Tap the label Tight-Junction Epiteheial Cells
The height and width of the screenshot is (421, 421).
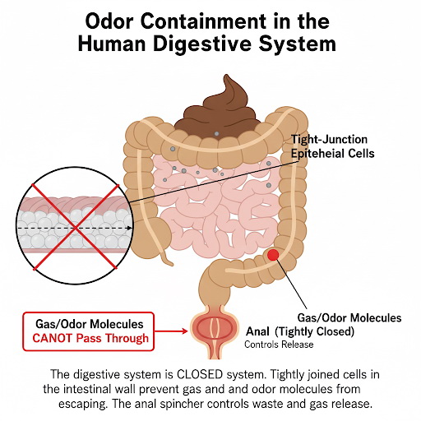(x=332, y=146)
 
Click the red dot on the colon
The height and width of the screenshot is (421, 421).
(x=273, y=255)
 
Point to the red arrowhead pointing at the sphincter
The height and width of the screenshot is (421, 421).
(x=184, y=331)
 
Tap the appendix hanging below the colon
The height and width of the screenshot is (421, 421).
(x=166, y=257)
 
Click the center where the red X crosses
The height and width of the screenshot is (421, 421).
(x=76, y=227)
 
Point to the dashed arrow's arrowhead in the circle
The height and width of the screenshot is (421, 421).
(x=129, y=228)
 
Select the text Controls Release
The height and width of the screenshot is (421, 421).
(x=279, y=345)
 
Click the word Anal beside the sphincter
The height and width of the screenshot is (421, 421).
(x=257, y=331)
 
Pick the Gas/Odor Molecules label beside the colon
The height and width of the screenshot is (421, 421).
(x=349, y=318)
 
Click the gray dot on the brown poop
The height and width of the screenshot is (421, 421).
(x=216, y=134)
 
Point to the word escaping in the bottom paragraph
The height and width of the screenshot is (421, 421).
(x=82, y=405)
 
